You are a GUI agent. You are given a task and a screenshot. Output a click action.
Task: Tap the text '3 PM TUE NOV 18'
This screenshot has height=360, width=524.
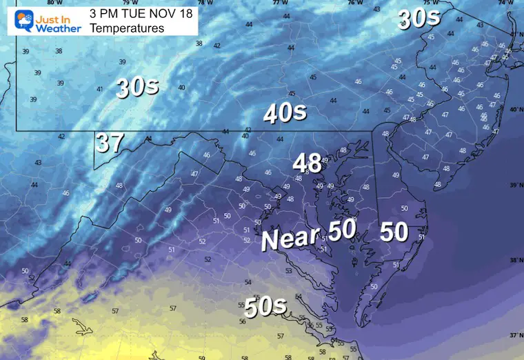(x=143, y=13)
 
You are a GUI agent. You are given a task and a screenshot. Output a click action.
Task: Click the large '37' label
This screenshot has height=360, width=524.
(x=110, y=143)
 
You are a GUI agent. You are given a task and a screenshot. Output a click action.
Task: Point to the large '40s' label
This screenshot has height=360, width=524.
(x=285, y=113)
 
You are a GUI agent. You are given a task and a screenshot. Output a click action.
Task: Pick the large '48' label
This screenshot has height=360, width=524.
(x=308, y=163)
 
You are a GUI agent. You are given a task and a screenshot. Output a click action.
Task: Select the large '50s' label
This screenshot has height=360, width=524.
(x=265, y=307)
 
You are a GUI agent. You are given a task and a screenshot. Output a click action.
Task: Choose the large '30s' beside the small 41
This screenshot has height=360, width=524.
(x=137, y=87)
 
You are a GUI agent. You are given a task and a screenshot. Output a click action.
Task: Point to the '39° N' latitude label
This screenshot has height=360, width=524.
(x=515, y=186)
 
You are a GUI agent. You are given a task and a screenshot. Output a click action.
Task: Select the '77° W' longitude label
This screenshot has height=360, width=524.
(x=280, y=3)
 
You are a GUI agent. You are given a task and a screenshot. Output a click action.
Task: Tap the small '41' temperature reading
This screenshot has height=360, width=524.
(x=99, y=89)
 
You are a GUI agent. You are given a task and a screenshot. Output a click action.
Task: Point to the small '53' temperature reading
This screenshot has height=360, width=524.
(x=288, y=271)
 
